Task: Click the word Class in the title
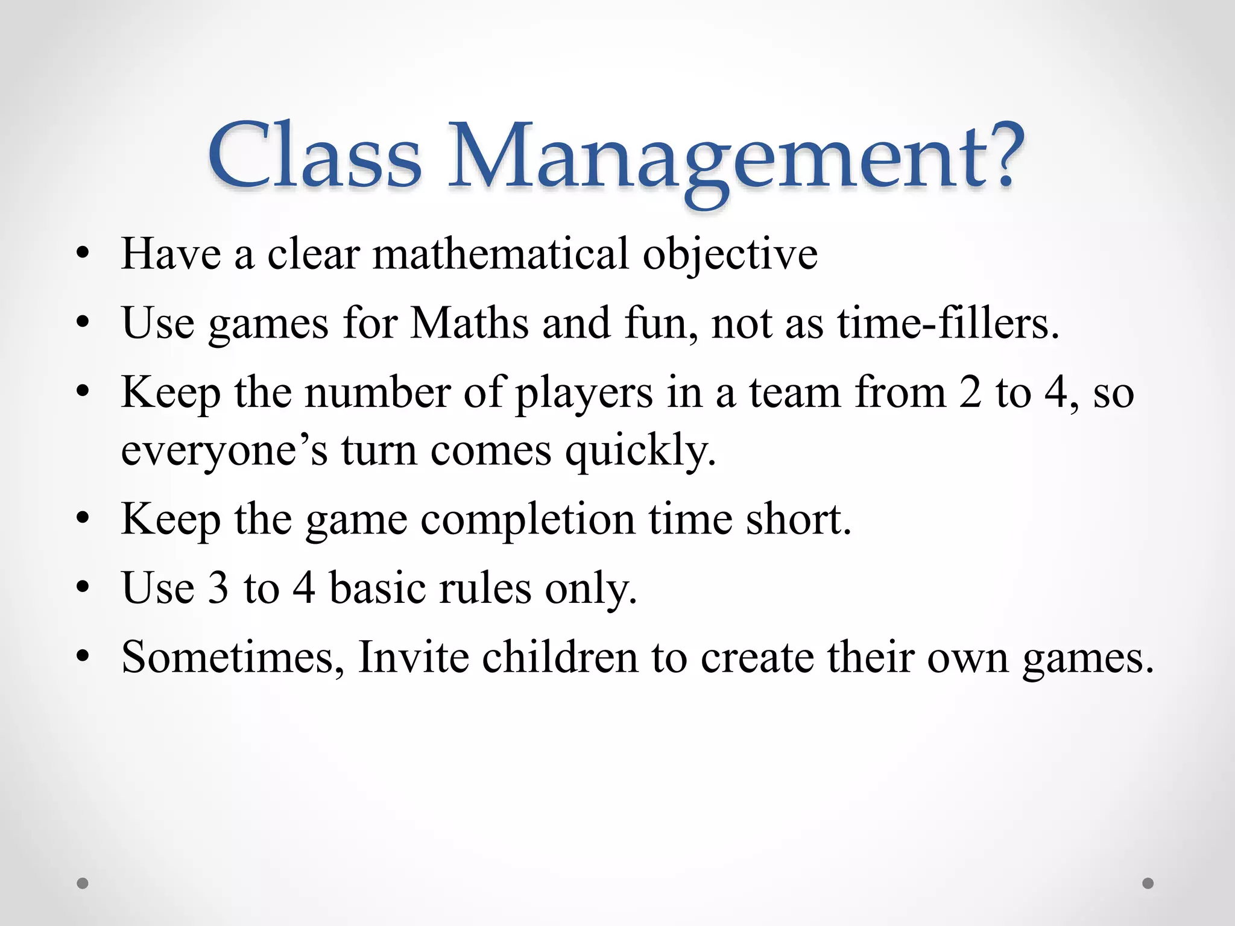pyautogui.click(x=315, y=156)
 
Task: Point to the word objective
pyautogui.click(x=730, y=255)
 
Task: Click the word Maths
pyautogui.click(x=469, y=323)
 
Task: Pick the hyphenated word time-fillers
pyautogui.click(x=947, y=323)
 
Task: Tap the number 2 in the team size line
pyautogui.click(x=970, y=392)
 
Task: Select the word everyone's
pyautogui.click(x=224, y=450)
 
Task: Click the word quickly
pyautogui.click(x=640, y=452)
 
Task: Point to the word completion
pyautogui.click(x=528, y=520)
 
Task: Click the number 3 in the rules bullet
pyautogui.click(x=218, y=588)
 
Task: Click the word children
pyautogui.click(x=560, y=657)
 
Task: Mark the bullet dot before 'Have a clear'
pyautogui.click(x=83, y=254)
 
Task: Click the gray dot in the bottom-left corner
pyautogui.click(x=83, y=883)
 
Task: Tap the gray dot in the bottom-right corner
pyautogui.click(x=1148, y=883)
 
